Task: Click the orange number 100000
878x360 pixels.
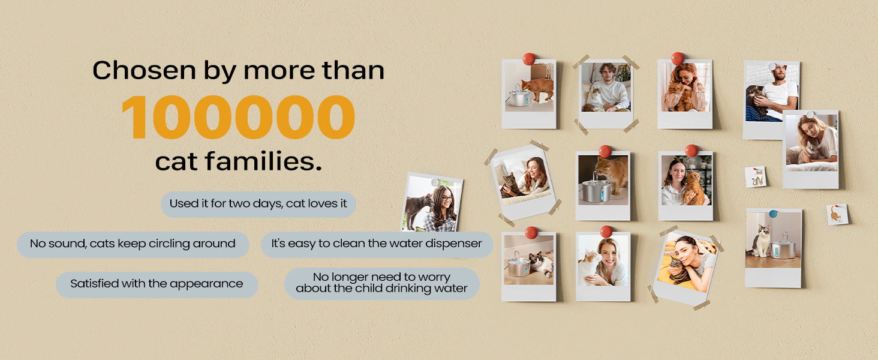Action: pyautogui.click(x=238, y=117)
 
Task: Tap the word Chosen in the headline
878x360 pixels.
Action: pyautogui.click(x=144, y=71)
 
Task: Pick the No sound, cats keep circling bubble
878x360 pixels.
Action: pyautogui.click(x=133, y=244)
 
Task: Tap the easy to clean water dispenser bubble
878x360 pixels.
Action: pyautogui.click(x=377, y=244)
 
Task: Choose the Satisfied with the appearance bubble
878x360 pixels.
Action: pyautogui.click(x=157, y=284)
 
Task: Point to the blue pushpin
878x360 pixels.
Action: pyautogui.click(x=773, y=214)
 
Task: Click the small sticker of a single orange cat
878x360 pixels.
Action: pyautogui.click(x=837, y=215)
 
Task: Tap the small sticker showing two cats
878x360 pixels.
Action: pyautogui.click(x=756, y=177)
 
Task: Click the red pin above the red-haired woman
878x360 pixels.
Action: pyautogui.click(x=677, y=58)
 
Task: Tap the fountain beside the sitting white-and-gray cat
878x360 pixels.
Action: pyautogui.click(x=783, y=247)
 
